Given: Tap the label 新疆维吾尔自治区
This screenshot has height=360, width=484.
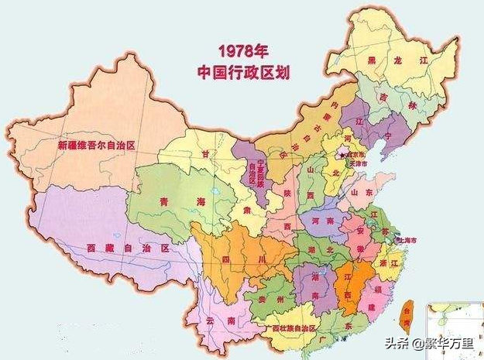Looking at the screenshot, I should pos(97,145).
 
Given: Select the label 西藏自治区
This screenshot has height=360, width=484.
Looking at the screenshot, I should pos(128,248).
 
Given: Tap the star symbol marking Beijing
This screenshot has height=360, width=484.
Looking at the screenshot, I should pos(335,153).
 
